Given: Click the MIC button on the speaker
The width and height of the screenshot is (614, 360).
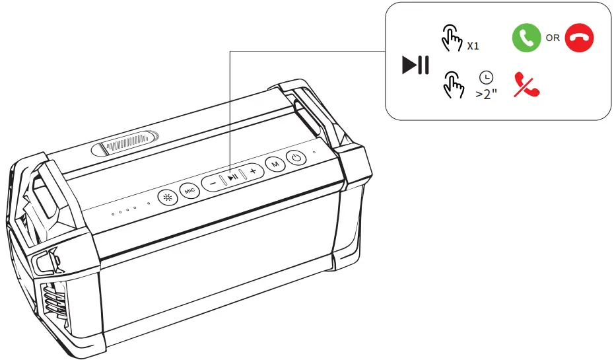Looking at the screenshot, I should click(190, 191).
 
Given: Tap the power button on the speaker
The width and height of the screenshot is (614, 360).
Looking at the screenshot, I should click(297, 157).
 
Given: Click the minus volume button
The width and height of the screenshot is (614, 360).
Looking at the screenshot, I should click(212, 182).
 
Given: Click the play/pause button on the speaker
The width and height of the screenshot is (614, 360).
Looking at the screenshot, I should click(232, 176).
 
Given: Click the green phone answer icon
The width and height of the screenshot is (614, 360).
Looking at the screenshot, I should click(526, 38).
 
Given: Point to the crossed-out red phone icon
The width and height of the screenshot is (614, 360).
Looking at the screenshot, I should click(526, 86).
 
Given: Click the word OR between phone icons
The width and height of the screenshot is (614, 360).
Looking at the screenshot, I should click(553, 38).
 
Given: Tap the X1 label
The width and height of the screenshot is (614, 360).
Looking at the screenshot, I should click(473, 47).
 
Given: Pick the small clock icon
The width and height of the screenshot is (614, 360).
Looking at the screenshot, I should click(486, 78).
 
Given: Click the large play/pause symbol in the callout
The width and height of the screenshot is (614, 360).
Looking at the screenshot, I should click(416, 65).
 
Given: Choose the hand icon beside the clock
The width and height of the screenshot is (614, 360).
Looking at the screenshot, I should click(453, 85).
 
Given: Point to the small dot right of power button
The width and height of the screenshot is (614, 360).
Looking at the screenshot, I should click(314, 153).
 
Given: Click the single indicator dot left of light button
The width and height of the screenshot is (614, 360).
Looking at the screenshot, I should click(149, 203).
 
